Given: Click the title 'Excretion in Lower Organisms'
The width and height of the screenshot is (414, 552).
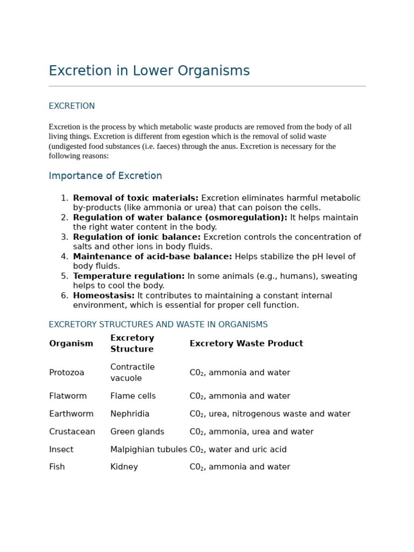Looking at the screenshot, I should (x=149, y=71).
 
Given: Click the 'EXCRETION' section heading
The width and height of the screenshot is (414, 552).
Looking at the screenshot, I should (x=72, y=106).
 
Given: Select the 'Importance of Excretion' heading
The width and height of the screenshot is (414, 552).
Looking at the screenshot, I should (x=105, y=176).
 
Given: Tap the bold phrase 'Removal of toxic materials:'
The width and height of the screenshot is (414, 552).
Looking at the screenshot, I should (x=135, y=198).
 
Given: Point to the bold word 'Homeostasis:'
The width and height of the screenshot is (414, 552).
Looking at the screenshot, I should (x=103, y=296).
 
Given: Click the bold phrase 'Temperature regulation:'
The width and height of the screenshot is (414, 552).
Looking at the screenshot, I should (x=129, y=277).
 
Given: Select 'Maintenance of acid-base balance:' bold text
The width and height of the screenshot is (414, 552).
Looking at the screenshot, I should (x=153, y=257).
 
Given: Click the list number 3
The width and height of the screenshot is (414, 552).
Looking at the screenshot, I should (x=64, y=237).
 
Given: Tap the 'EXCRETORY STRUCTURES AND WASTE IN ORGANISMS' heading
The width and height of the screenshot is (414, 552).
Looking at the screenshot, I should (x=158, y=325).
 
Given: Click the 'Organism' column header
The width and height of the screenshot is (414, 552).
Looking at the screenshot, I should (x=71, y=344).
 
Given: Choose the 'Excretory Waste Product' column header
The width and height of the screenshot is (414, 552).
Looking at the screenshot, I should (x=246, y=344).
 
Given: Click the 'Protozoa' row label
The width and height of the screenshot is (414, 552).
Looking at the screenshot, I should (x=67, y=373).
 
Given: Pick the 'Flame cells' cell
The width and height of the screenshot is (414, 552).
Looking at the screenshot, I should (x=133, y=396).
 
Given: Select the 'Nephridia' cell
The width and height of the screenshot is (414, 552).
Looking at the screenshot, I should (x=129, y=414).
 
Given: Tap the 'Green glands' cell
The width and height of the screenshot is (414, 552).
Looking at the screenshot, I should (x=137, y=432).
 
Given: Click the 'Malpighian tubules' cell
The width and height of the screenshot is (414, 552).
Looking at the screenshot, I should (x=148, y=450).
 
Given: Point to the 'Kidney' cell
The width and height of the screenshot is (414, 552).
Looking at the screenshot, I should (x=124, y=467).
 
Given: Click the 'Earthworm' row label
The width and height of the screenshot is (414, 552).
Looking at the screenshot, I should (x=71, y=414).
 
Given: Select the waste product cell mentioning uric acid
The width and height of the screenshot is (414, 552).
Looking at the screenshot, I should (x=238, y=450).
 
